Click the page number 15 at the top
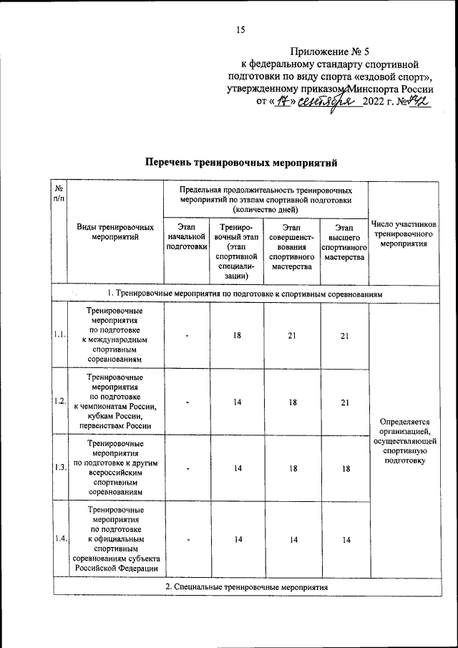(240, 29)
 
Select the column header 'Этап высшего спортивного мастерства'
(345, 242)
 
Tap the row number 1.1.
(60, 334)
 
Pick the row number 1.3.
(60, 468)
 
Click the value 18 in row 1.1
(237, 334)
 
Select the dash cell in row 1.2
(187, 402)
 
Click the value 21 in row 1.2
(345, 402)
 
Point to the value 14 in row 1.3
(237, 468)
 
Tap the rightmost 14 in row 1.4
(345, 540)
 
